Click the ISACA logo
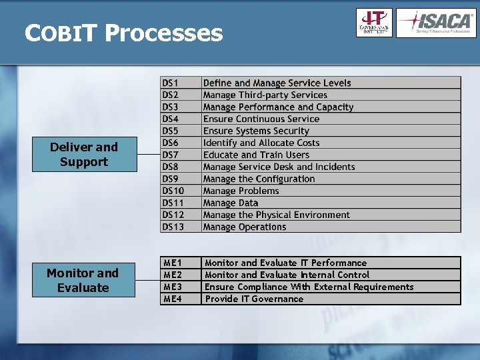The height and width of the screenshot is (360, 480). (x=436, y=23)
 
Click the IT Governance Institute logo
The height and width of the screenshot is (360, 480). (x=374, y=23)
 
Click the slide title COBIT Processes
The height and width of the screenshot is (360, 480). (x=123, y=33)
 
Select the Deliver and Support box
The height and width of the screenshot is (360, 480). (x=84, y=155)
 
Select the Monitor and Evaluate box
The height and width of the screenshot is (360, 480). (x=83, y=281)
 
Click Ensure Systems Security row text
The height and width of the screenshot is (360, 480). (x=256, y=131)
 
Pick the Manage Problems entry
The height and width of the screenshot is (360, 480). (x=241, y=191)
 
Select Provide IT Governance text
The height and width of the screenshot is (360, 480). (x=254, y=299)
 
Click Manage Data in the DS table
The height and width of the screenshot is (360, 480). (x=230, y=203)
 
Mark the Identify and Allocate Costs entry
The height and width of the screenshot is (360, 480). (x=261, y=143)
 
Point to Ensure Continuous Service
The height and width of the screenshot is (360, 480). (x=261, y=119)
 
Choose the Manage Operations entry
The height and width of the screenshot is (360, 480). (x=244, y=227)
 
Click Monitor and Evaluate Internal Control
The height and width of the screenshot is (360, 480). (x=287, y=275)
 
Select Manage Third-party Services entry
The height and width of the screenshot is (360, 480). (x=265, y=95)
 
